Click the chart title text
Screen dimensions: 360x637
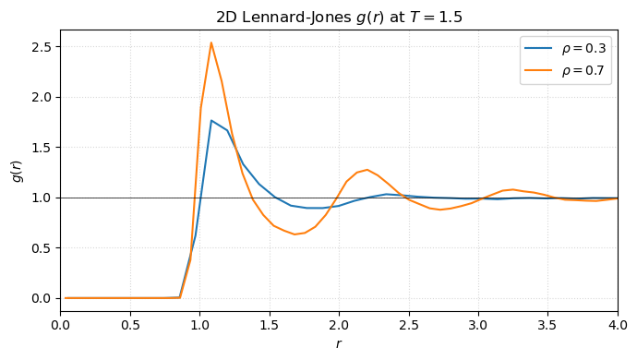(x=339, y=17)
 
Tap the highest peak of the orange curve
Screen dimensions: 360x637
(x=211, y=42)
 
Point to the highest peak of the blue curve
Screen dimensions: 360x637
(x=211, y=120)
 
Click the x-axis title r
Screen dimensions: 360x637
(x=339, y=343)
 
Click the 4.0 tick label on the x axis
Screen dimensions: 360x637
(x=618, y=324)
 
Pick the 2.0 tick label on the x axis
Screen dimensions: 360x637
(x=339, y=324)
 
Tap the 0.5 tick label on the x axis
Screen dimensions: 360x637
(x=130, y=324)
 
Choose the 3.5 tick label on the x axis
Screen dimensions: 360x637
(x=548, y=324)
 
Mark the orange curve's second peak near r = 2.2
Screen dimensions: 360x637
(x=367, y=170)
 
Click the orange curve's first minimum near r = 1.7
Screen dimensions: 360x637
(x=295, y=234)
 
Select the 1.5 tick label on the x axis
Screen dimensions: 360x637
(x=270, y=324)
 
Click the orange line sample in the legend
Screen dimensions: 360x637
(x=539, y=69)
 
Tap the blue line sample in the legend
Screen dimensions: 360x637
(x=539, y=50)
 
